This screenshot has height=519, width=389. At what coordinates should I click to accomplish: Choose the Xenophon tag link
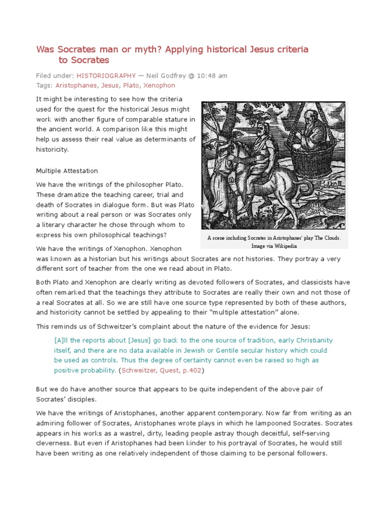(x=159, y=86)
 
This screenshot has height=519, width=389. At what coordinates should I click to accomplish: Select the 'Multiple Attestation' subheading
(x=67, y=171)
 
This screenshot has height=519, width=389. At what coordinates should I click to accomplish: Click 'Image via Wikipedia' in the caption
(x=274, y=246)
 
